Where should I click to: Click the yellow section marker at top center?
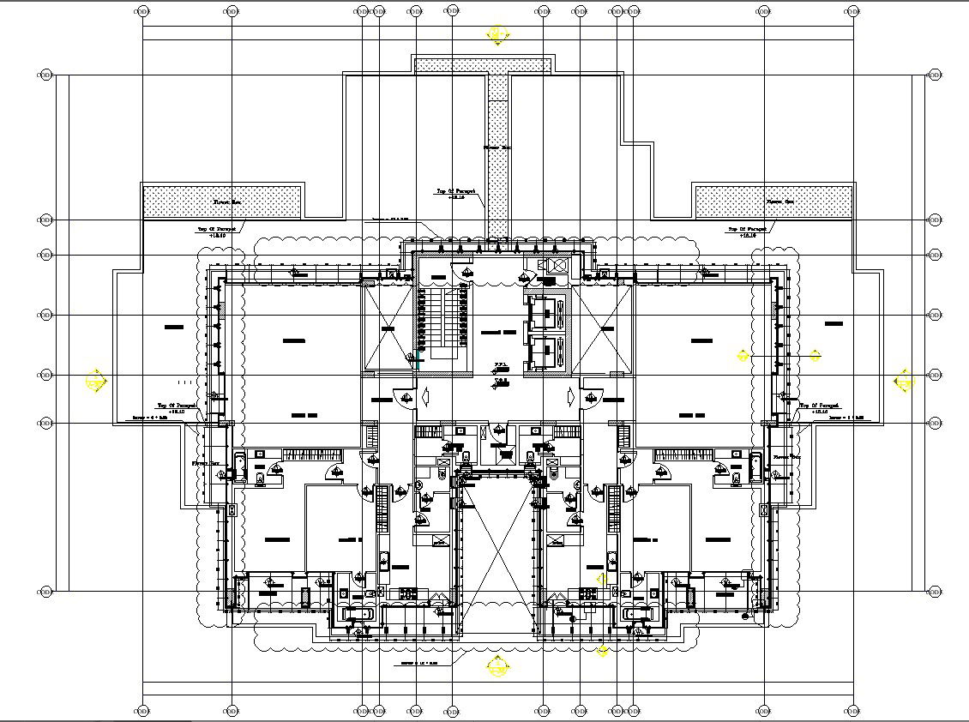tap(496, 35)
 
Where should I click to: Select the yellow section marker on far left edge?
tap(95, 381)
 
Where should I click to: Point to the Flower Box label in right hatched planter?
tap(779, 202)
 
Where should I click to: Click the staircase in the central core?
tap(441, 322)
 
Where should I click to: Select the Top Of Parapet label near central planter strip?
tap(450, 195)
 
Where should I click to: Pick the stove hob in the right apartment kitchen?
tap(589, 593)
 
